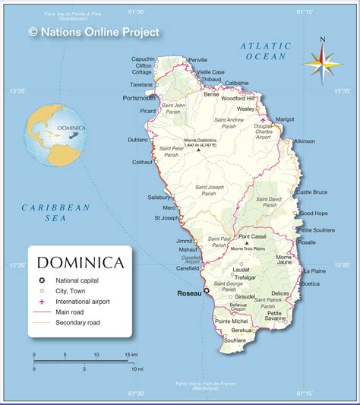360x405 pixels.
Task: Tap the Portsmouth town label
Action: [139, 98]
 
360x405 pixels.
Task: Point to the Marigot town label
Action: [285, 119]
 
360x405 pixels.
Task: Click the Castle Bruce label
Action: [311, 192]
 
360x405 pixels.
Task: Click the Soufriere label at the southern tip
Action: [235, 340]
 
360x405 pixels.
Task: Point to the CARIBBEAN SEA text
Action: [55, 212]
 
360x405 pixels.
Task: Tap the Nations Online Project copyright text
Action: [93, 32]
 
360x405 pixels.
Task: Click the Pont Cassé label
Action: [253, 237]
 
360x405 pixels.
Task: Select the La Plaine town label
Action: [314, 271]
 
